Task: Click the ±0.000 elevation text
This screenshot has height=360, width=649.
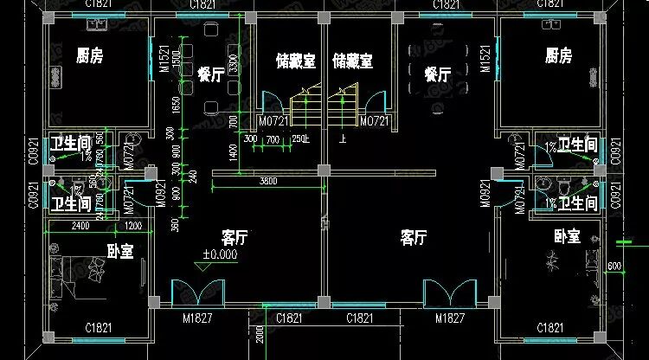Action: [x=221, y=255]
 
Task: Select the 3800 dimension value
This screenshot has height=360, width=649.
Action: [x=269, y=181]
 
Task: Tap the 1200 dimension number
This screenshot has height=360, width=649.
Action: [x=134, y=227]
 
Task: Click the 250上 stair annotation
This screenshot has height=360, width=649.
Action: [x=300, y=138]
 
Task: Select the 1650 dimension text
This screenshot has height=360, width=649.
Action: [x=176, y=104]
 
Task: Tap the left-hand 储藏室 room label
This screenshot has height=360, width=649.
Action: [x=295, y=61]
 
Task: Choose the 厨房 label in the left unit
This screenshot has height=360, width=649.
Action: [x=89, y=56]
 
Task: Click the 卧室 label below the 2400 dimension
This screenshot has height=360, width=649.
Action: [x=119, y=251]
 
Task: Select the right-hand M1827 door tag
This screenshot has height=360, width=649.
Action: [x=452, y=318]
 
